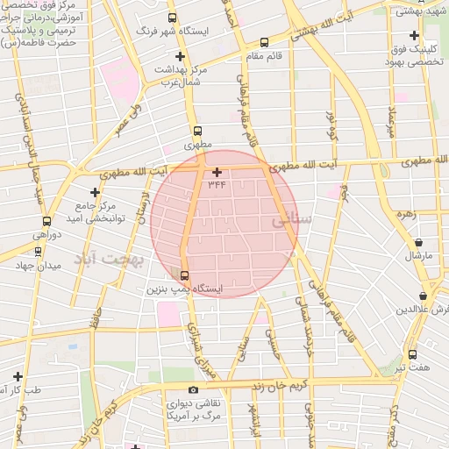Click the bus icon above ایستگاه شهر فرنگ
[x=172, y=18]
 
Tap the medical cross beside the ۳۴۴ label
[x=217, y=172]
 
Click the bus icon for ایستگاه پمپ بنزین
[x=182, y=274]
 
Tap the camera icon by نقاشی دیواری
[x=193, y=389]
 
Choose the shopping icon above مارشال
[x=418, y=243]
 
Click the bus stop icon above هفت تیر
[x=412, y=354]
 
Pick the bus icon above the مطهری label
[x=197, y=130]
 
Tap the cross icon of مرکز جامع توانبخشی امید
[x=95, y=191]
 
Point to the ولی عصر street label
[x=126, y=122]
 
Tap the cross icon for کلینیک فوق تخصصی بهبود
[x=413, y=34]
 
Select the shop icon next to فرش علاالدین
[x=424, y=296]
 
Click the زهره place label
[x=404, y=213]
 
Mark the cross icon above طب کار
[x=18, y=376]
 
